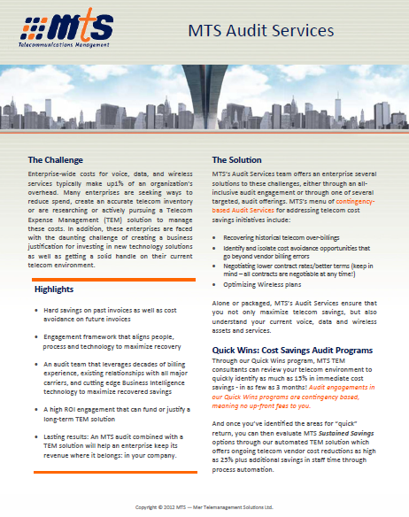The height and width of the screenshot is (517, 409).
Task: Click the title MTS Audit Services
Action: (261, 32)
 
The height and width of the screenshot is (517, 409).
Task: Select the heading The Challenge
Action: (56, 160)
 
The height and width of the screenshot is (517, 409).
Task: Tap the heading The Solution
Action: (236, 160)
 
